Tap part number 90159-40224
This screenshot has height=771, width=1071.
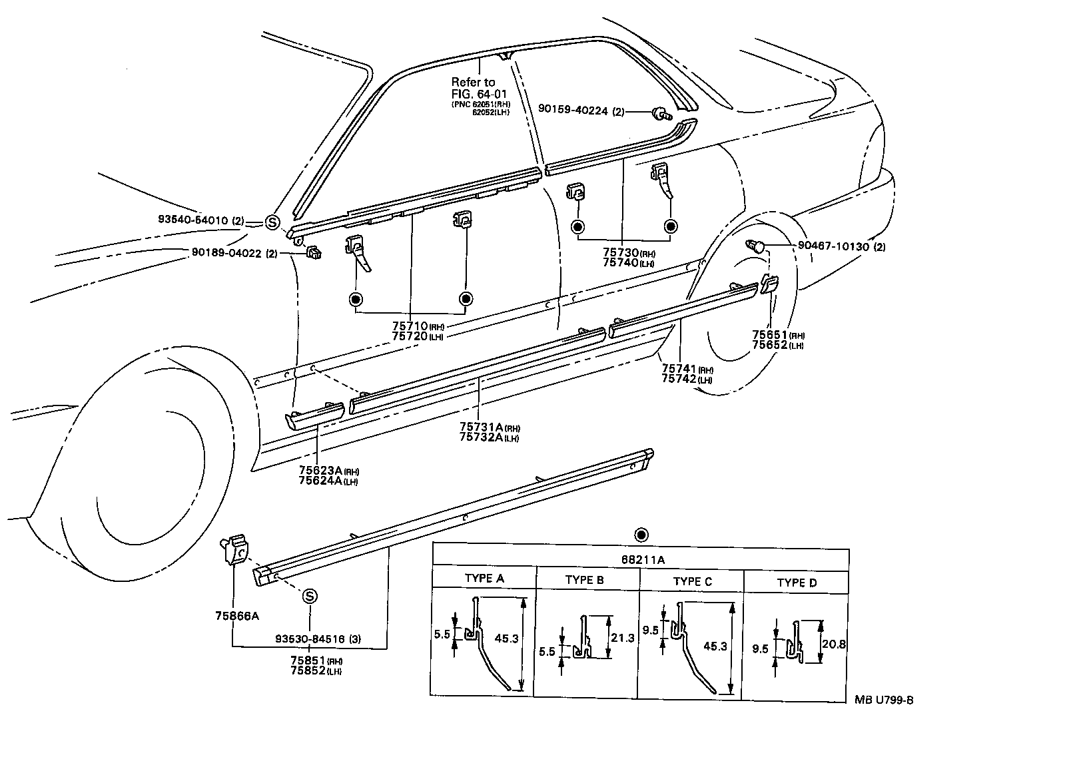[x=581, y=111]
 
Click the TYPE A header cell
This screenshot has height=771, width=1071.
[x=484, y=578]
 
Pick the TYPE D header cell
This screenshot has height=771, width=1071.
[x=796, y=583]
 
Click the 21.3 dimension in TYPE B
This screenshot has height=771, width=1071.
[x=622, y=638]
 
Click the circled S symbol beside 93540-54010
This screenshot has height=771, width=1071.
[x=272, y=222]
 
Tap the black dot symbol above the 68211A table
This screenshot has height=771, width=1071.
[x=641, y=535]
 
